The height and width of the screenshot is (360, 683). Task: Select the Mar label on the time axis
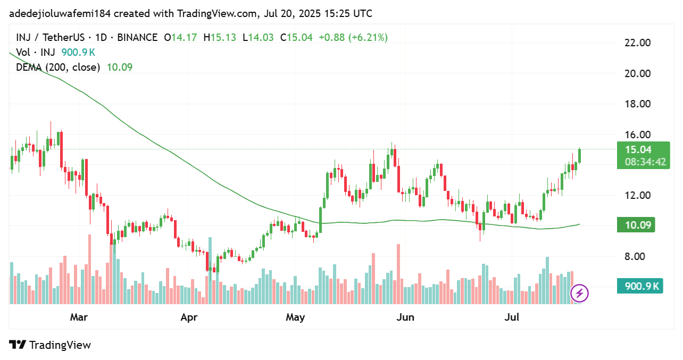tap(79, 317)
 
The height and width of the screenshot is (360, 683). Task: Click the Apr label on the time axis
tap(189, 317)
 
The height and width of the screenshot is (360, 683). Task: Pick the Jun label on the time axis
tap(406, 317)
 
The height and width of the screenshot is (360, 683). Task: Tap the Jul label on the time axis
tap(512, 317)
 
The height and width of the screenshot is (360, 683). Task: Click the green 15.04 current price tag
tap(639, 149)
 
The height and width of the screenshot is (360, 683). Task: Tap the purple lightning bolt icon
tap(579, 292)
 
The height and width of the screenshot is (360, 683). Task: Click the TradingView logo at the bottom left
tap(51, 345)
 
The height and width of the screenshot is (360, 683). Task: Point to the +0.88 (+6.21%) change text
tap(353, 37)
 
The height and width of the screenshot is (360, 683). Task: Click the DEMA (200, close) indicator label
tap(58, 67)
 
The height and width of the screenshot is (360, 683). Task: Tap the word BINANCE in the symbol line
tap(136, 37)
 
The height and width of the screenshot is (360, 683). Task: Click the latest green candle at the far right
tap(579, 156)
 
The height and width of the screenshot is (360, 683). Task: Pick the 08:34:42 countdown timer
tap(645, 162)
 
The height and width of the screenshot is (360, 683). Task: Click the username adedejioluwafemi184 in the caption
tap(60, 13)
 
